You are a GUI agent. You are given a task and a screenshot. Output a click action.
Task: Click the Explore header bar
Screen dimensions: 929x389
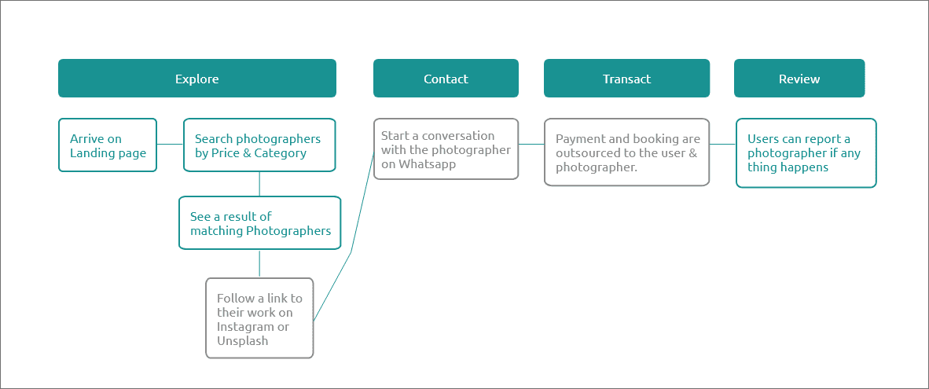197,78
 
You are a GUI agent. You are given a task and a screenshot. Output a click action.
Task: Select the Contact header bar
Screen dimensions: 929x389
446,78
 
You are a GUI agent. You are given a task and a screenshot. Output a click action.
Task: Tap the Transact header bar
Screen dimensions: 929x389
627,78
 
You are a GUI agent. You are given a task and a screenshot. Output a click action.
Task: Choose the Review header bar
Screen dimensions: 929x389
799,78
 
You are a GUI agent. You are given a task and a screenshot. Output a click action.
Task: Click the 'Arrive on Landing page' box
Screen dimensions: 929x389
107,145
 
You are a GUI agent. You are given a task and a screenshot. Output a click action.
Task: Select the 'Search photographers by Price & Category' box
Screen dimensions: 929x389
259,145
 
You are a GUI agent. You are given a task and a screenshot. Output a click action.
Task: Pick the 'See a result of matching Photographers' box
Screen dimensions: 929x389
259,222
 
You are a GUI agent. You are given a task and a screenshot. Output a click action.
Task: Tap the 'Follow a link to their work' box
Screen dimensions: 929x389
259,318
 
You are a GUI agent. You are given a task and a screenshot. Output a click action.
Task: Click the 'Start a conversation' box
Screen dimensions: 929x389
446,149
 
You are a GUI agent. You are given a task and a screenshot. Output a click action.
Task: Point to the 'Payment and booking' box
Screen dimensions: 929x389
627,152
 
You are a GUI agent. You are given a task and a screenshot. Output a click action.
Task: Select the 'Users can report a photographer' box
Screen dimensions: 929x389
806,152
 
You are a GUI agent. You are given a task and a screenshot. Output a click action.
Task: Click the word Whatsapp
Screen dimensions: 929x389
427,164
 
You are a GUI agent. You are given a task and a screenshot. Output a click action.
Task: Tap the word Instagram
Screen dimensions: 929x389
245,327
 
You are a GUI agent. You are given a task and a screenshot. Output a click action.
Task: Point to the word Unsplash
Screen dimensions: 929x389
242,341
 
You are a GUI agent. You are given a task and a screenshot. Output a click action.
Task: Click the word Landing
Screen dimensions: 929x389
91,153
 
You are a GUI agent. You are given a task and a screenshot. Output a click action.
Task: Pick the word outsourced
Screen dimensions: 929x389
585,153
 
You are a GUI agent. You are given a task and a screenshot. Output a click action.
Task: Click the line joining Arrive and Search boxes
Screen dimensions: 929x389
170,144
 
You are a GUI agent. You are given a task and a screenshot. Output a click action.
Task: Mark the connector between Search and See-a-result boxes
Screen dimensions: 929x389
259,184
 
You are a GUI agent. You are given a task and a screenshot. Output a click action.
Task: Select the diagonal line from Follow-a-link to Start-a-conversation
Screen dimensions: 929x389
351,253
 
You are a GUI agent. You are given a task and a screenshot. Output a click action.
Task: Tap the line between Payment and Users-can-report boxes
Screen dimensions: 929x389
723,144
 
